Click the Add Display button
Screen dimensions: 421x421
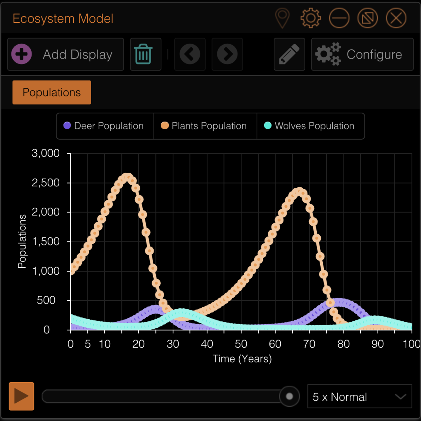click(x=66, y=54)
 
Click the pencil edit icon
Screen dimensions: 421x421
click(x=289, y=54)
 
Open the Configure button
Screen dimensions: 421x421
click(x=362, y=54)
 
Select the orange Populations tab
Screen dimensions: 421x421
click(x=52, y=92)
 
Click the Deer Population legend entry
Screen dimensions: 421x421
click(x=104, y=126)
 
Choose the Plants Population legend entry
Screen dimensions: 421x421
click(x=205, y=126)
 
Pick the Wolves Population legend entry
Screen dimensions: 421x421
click(x=310, y=126)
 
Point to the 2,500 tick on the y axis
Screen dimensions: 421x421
click(x=46, y=183)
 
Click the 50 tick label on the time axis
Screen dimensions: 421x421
click(x=241, y=344)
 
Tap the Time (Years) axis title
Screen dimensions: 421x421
click(x=242, y=359)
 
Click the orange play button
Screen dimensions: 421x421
click(x=21, y=396)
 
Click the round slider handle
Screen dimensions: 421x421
click(x=289, y=396)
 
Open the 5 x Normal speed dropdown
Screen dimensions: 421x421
click(x=360, y=396)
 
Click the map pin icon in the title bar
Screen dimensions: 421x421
click(x=282, y=18)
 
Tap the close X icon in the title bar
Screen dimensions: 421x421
click(x=396, y=18)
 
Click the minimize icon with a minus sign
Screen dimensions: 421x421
click(x=339, y=18)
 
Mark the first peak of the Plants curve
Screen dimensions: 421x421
click(x=127, y=177)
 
